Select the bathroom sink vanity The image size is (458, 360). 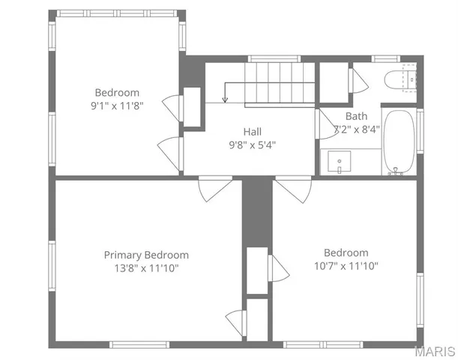point(342,162)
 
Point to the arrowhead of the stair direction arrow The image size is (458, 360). point(225,100)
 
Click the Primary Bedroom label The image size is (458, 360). point(146,255)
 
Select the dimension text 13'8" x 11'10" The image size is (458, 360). point(146,268)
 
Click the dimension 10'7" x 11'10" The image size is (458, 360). point(346,265)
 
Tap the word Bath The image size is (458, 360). point(356,116)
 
